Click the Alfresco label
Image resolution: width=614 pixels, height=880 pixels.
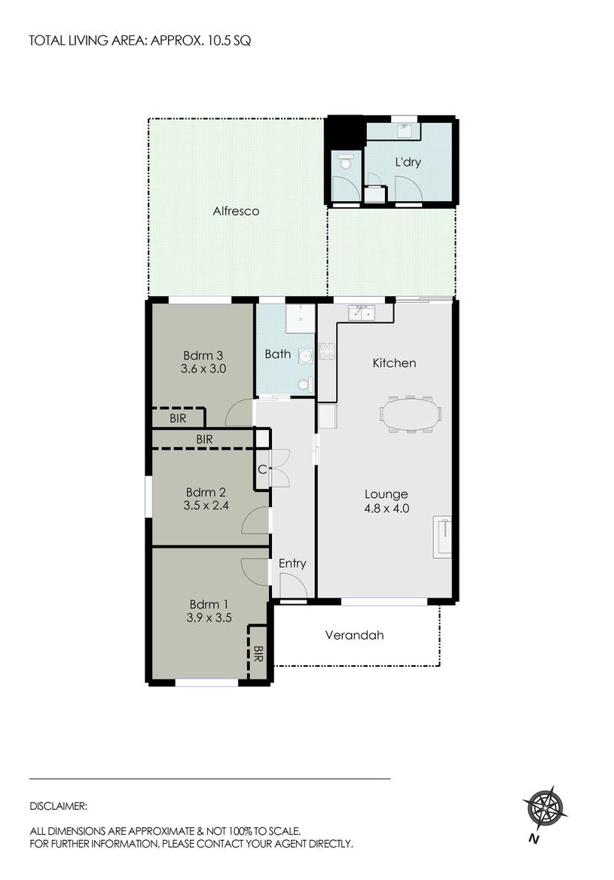point(236,212)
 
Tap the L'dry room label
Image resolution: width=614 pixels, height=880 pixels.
point(408,162)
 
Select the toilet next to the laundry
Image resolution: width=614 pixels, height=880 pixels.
point(346,161)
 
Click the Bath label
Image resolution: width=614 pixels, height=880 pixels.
point(277,354)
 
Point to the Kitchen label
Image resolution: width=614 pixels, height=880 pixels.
point(394,363)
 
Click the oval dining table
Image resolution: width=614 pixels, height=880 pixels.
point(411,414)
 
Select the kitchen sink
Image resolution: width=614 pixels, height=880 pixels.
point(361,312)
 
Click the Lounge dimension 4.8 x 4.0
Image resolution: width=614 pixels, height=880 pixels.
point(386,508)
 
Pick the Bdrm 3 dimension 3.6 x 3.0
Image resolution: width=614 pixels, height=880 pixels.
point(203,369)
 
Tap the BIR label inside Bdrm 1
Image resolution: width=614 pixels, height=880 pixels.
point(258,652)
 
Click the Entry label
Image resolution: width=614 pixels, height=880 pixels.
point(292,564)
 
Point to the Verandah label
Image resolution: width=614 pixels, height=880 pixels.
point(354,635)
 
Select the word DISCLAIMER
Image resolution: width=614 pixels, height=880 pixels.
point(58,805)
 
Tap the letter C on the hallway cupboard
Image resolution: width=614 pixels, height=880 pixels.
point(261,469)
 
